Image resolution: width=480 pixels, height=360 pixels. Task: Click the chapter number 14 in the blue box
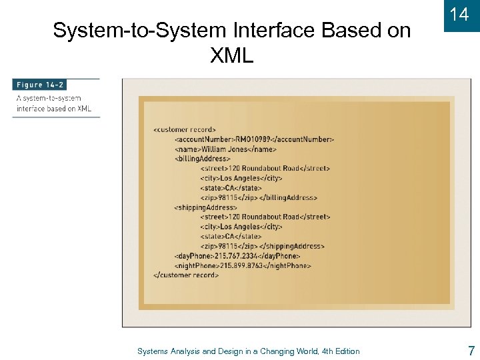click(459, 15)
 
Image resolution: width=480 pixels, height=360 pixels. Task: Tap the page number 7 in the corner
click(471, 351)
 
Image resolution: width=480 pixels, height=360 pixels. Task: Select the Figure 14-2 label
click(39, 85)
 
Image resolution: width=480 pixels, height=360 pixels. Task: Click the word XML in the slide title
click(231, 56)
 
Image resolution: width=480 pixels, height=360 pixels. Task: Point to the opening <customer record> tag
click(185, 129)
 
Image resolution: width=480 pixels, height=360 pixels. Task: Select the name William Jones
click(228, 149)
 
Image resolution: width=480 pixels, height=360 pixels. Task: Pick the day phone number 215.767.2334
click(235, 256)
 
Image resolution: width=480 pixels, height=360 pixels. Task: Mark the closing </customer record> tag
click(186, 275)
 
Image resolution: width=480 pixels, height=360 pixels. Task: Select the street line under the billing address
click(265, 169)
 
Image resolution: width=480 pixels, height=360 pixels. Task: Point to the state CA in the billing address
click(230, 188)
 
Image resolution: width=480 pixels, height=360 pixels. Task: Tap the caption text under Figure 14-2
click(53, 103)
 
